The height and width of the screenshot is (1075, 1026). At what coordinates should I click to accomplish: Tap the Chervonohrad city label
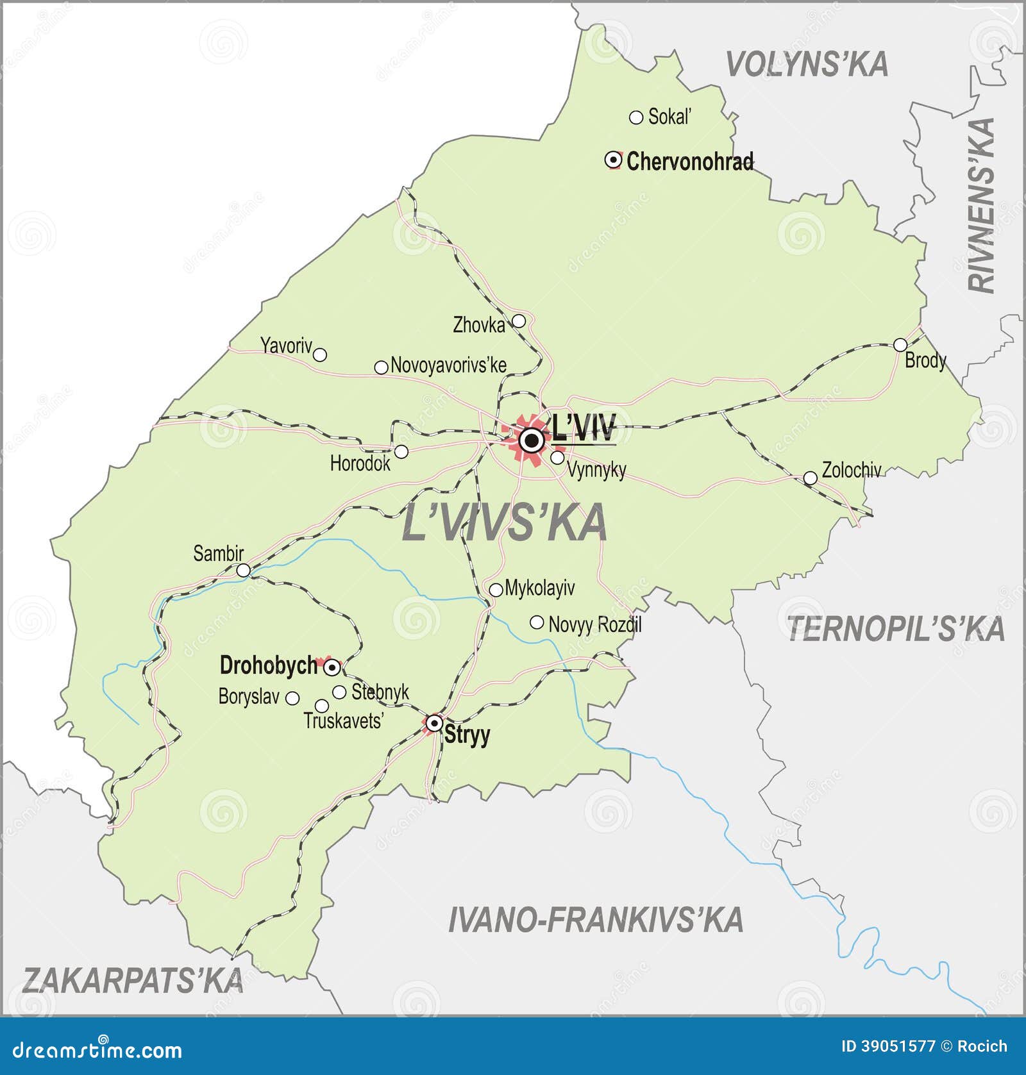[x=690, y=162]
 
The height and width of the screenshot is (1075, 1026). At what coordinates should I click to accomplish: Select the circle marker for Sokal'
[x=636, y=117]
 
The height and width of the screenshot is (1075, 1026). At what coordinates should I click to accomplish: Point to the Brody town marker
[x=900, y=345]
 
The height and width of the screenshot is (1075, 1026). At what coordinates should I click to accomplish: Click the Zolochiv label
[x=852, y=471]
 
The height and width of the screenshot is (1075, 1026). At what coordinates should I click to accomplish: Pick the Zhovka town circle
[x=519, y=321]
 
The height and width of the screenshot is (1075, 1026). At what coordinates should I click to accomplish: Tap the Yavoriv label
[x=286, y=346]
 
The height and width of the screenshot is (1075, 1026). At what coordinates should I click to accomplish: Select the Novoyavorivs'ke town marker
[x=381, y=367]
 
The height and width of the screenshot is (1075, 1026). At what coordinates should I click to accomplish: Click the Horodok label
[x=360, y=463]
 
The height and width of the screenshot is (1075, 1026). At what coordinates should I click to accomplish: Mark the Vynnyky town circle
[x=558, y=458]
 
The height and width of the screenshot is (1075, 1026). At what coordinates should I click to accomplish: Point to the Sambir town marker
[x=244, y=570]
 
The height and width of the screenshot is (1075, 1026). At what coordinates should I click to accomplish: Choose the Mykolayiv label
[x=540, y=588]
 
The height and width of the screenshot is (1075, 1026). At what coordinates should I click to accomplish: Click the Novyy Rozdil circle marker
[x=537, y=622]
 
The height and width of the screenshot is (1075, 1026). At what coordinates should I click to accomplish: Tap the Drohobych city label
[x=269, y=665]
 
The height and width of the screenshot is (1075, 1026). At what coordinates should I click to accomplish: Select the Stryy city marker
[x=435, y=724]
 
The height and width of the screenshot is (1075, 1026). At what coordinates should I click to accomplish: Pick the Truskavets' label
[x=344, y=721]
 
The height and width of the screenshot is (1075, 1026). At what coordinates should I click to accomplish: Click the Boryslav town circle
[x=292, y=697]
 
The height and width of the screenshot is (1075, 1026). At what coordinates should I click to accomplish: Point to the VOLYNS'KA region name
[x=807, y=65]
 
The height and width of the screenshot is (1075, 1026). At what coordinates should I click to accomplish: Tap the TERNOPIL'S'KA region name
[x=895, y=629]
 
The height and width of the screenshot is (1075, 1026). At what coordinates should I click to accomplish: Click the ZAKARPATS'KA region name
[x=133, y=981]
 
